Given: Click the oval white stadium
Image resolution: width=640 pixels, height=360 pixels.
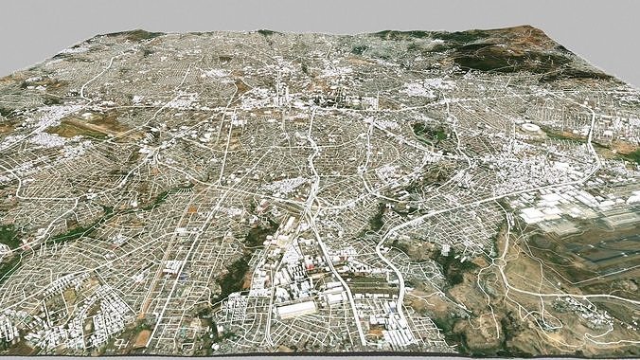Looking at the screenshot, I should pyautogui.click(x=530, y=129).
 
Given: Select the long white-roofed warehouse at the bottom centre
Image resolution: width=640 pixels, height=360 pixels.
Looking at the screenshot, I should pyautogui.click(x=295, y=309).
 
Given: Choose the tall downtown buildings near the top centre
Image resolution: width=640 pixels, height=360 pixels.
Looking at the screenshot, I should pyautogui.click(x=322, y=95).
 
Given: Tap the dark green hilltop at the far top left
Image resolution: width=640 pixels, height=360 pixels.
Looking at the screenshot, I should pyautogui.click(x=133, y=36).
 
